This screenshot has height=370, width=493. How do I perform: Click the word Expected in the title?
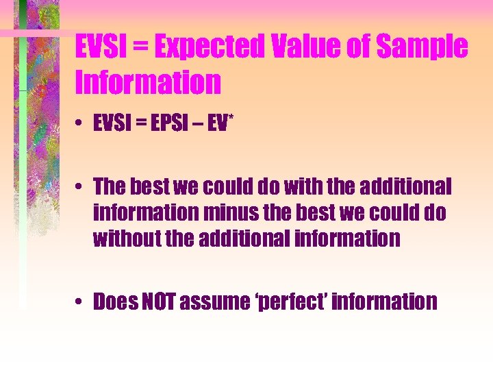point(209,47)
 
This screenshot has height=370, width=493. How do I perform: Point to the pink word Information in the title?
point(148,82)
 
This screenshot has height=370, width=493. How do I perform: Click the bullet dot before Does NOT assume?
point(81,302)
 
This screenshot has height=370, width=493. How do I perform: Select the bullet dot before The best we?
point(81,186)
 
